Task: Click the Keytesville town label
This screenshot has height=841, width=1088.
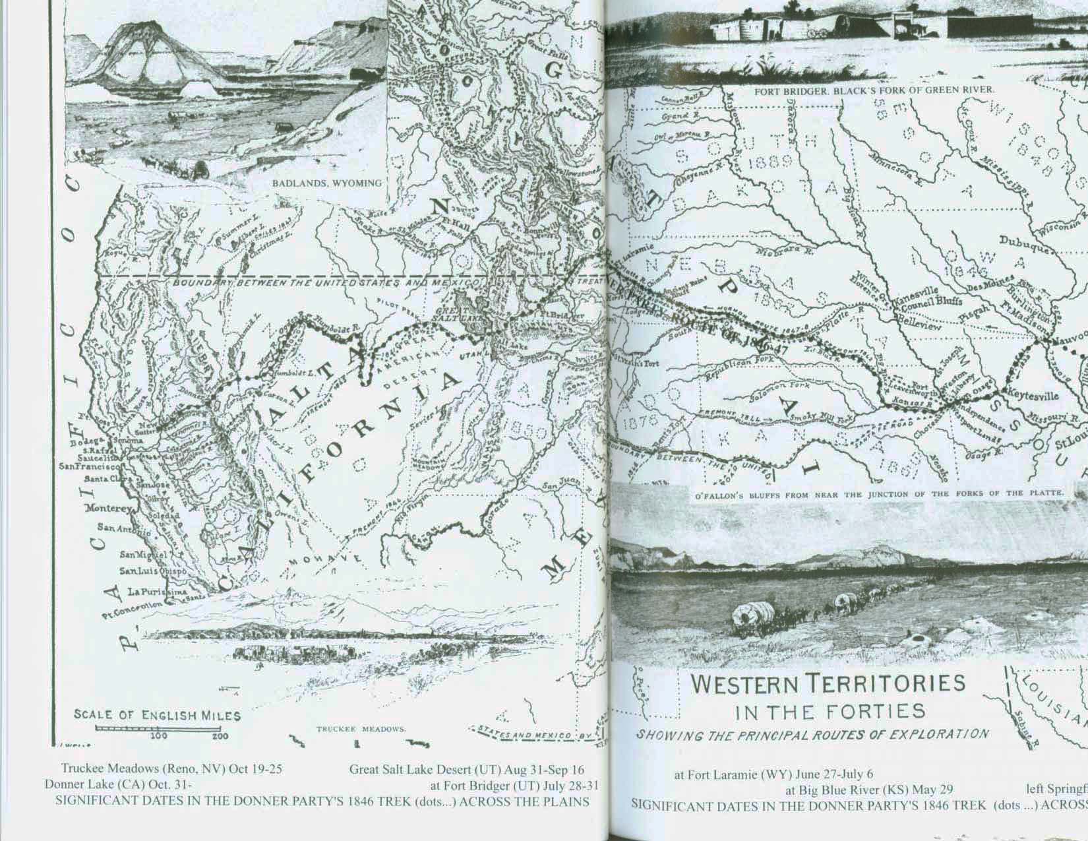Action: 1032,396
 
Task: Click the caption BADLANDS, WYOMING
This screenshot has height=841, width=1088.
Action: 327,183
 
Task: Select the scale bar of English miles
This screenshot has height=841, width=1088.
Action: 158,728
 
